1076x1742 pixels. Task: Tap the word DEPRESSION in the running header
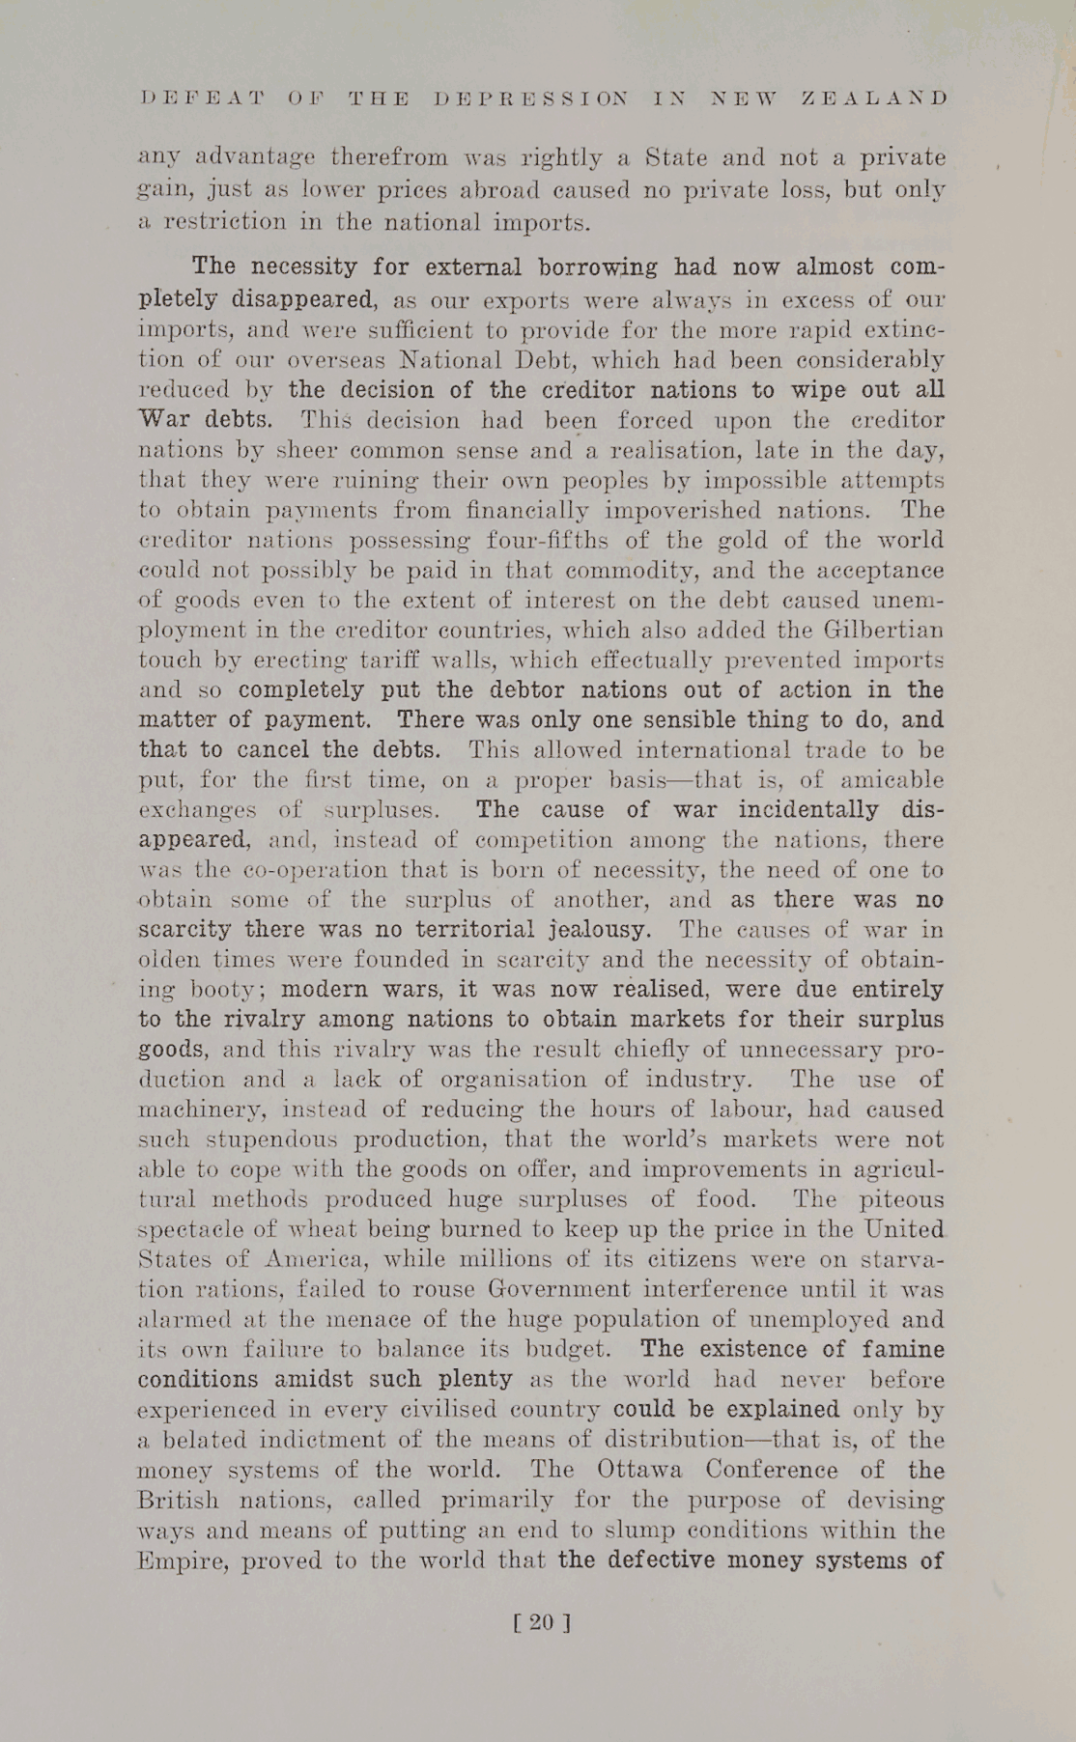[x=532, y=98]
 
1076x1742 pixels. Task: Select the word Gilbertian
[x=880, y=631]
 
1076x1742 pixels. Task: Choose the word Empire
[x=184, y=1561]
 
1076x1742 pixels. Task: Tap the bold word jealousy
[x=600, y=930]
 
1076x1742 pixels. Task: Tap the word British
[x=179, y=1501]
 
